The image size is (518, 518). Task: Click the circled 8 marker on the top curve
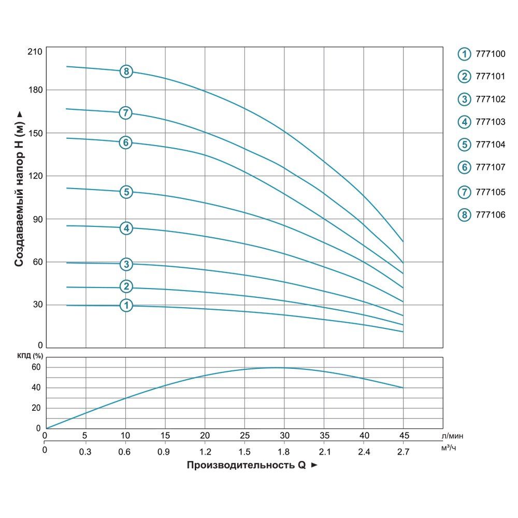[x=126, y=71]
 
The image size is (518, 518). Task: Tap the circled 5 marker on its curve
[x=126, y=192]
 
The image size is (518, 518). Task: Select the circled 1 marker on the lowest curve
[x=126, y=306]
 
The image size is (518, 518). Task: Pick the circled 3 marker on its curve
[x=126, y=264]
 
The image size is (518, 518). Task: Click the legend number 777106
[x=490, y=214]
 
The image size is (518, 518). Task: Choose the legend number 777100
[x=490, y=53]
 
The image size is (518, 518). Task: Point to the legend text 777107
[x=490, y=167]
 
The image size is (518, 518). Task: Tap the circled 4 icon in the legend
[x=464, y=122]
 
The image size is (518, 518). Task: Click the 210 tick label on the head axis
[x=35, y=52]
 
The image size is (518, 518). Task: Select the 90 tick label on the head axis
[x=37, y=219]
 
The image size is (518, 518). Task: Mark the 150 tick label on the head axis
[x=35, y=133]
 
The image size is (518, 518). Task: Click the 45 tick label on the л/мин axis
[x=402, y=435]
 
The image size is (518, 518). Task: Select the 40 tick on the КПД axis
[x=36, y=388]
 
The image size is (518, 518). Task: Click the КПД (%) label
[x=31, y=356]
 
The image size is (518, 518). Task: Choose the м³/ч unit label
[x=449, y=448]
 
